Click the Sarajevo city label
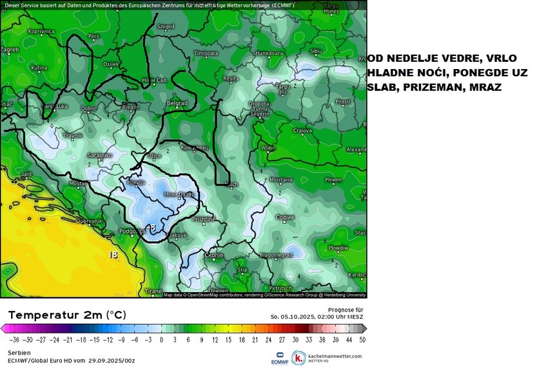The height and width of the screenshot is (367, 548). [x=101, y=155]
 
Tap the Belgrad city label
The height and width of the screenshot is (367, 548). [x=177, y=103]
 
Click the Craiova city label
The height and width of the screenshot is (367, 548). [x=302, y=130]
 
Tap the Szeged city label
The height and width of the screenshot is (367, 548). [x=166, y=27]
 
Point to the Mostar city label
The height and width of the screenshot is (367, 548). [x=78, y=183]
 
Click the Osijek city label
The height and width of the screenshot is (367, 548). [x=112, y=64]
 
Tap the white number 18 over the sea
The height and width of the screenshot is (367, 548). [x=114, y=255]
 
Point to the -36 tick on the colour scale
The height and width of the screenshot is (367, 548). [x=14, y=339]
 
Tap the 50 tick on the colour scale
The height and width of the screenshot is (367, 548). [x=363, y=339]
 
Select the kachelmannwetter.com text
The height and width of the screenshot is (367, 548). [x=336, y=355]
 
